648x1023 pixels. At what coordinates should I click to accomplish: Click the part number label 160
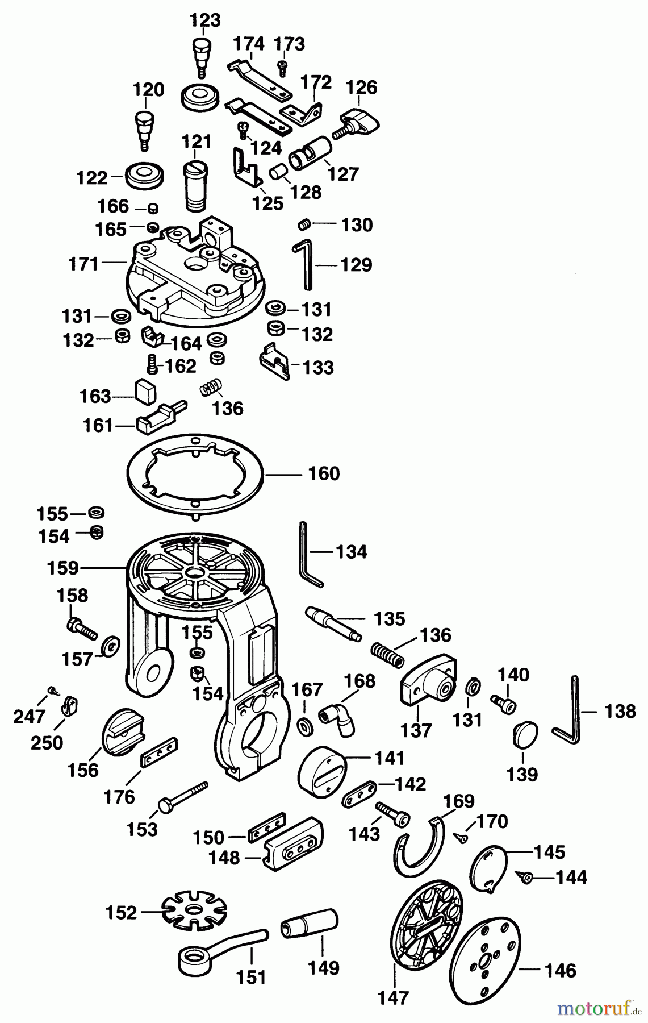324,473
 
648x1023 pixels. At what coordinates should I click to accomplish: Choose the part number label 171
83,264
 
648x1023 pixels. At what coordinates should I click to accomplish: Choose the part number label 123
205,20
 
